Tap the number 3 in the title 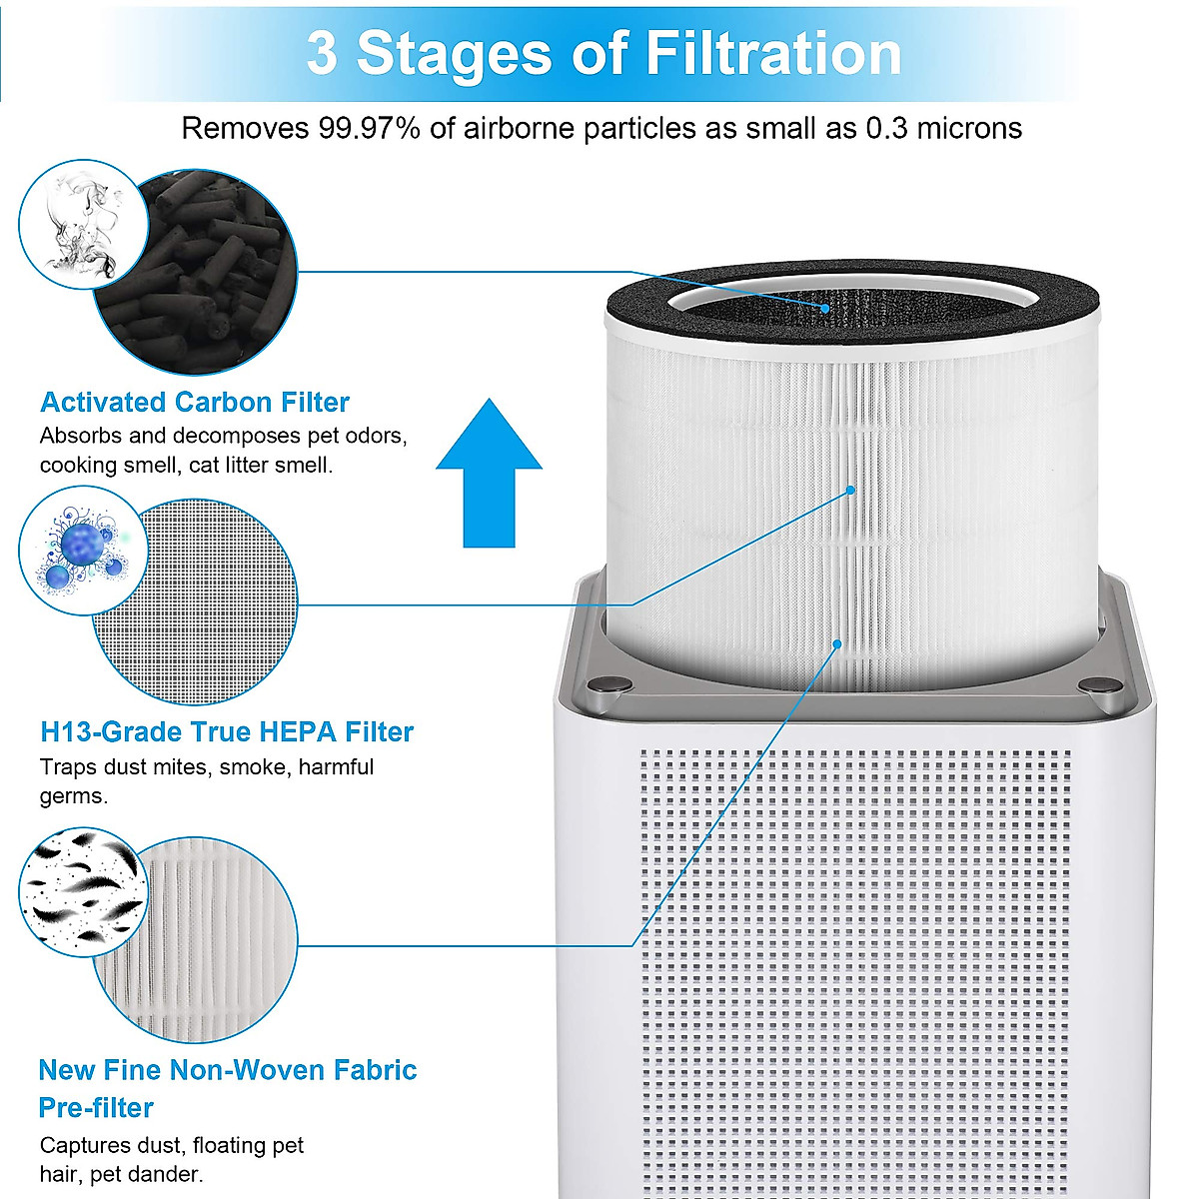click(322, 53)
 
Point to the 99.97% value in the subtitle click(369, 128)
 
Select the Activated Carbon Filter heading click(195, 403)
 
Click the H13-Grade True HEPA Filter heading click(227, 732)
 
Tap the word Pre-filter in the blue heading click(96, 1108)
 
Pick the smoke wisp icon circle click(83, 226)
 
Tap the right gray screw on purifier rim click(1100, 685)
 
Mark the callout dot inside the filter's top click(825, 309)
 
